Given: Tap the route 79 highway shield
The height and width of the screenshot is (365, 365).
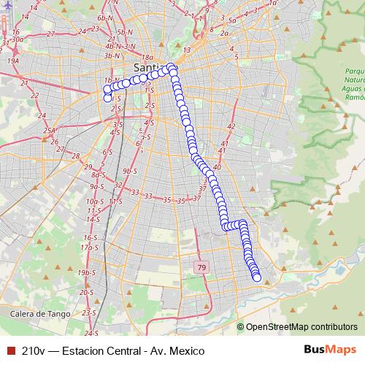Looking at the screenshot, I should coord(201,268).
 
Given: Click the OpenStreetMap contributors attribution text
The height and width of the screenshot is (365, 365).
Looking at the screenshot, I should coord(301,327).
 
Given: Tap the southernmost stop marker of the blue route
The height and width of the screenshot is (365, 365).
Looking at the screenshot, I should coord(256,277).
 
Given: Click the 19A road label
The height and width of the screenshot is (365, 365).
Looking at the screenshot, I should coord(13,61).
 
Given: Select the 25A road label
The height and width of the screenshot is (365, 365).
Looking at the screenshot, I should coord(49,131).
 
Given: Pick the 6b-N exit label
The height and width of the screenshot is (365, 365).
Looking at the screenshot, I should coord(105,17).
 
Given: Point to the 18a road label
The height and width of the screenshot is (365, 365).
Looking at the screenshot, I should coord(147,57).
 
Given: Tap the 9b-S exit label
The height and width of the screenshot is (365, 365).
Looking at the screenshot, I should coord(130,171).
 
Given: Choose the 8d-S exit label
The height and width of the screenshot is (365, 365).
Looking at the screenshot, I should coord(99,175).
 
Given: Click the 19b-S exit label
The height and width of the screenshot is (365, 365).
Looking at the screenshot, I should coord(87,272).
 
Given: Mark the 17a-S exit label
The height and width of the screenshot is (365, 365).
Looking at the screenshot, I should coord(89,247).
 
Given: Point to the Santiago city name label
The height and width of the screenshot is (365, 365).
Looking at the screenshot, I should coord(150,69).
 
